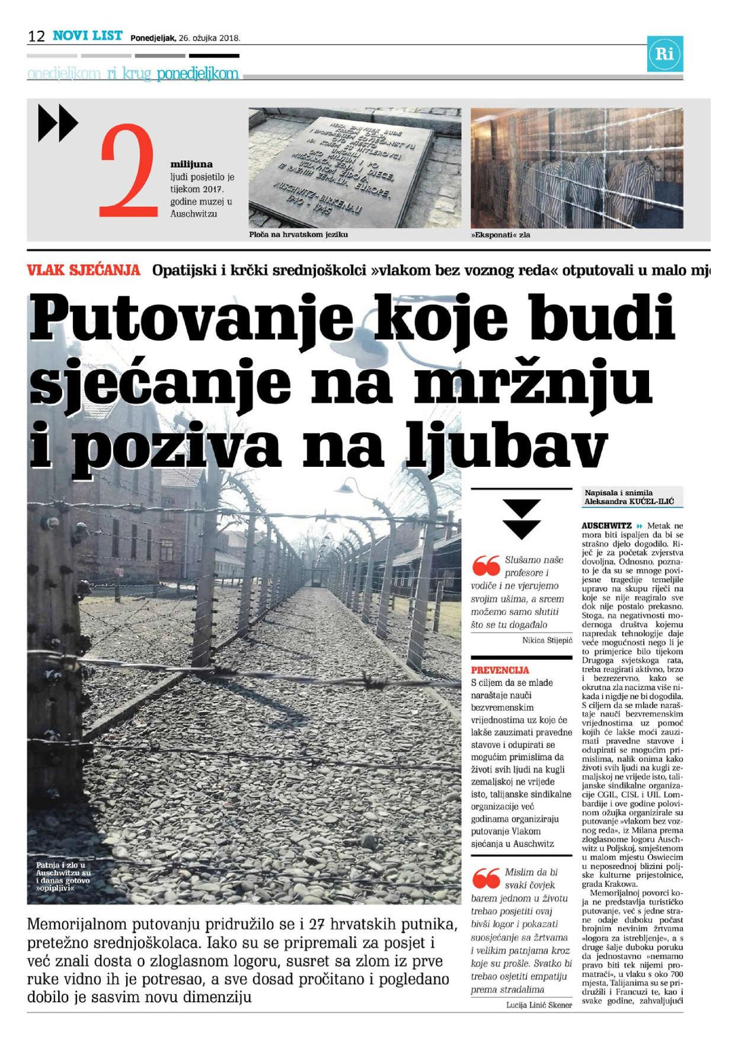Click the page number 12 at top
[x=36, y=36]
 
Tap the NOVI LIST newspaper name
[x=88, y=36]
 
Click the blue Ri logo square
[x=664, y=54]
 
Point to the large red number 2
[x=128, y=170]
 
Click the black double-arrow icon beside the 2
[x=57, y=123]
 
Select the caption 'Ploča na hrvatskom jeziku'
[x=298, y=235]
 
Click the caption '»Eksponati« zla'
[x=501, y=235]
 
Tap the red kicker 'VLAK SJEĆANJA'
[x=84, y=271]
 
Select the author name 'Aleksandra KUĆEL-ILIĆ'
[x=629, y=502]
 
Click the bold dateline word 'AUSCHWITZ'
[x=606, y=525]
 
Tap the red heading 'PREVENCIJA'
[x=500, y=670]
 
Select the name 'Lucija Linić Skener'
[x=539, y=1005]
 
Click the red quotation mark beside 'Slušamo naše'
[x=486, y=566]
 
